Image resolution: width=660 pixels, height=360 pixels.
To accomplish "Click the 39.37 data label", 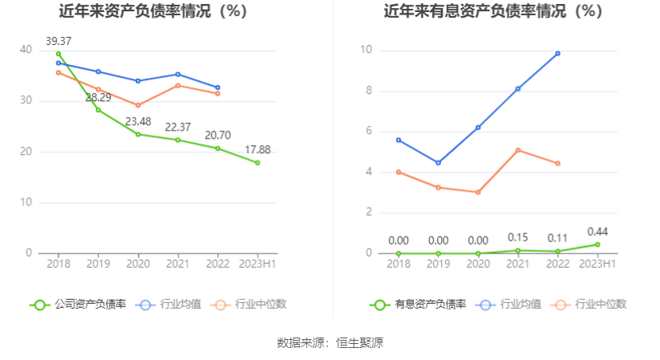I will pyautogui.click(x=59, y=41).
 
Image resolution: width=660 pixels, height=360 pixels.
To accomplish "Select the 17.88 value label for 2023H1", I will pyautogui.click(x=258, y=149).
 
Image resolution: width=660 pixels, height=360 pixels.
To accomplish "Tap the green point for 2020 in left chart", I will pyautogui.click(x=138, y=134).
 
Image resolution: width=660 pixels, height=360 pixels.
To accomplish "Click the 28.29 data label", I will pyautogui.click(x=99, y=98).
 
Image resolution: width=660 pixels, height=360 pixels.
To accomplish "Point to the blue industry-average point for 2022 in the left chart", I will pyautogui.click(x=217, y=87).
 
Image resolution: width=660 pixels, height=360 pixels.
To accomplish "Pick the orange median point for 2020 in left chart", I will pyautogui.click(x=138, y=105).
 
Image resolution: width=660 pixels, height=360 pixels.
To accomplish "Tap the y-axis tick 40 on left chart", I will pyautogui.click(x=26, y=51).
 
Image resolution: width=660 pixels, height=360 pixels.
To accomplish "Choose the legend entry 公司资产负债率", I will pyautogui.click(x=79, y=305).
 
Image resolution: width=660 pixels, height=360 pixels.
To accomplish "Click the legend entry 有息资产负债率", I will pyautogui.click(x=419, y=305).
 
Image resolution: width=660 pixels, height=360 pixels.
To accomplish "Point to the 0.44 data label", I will pyautogui.click(x=597, y=232).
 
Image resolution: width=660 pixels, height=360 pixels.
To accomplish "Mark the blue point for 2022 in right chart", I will pyautogui.click(x=557, y=54).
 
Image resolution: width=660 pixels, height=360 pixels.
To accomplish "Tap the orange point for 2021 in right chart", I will pyautogui.click(x=518, y=150).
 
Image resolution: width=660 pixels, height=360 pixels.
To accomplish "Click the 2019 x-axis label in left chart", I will pyautogui.click(x=98, y=264).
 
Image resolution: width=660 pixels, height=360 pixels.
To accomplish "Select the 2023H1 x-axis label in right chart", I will pyautogui.click(x=597, y=264).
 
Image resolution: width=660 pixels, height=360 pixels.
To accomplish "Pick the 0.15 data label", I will pyautogui.click(x=518, y=238).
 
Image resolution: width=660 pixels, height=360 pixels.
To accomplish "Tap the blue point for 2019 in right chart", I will pyautogui.click(x=438, y=163).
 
